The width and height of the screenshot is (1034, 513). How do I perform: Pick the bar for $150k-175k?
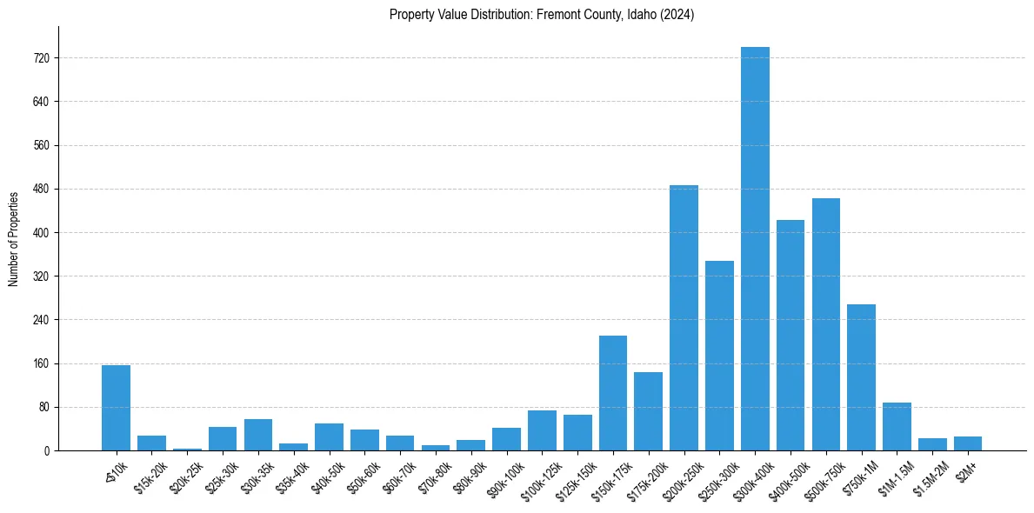(x=613, y=393)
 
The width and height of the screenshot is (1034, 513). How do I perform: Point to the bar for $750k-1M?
(x=861, y=377)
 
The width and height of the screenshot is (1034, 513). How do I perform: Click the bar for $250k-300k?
(x=719, y=356)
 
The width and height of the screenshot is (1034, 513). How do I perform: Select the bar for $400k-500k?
(x=791, y=336)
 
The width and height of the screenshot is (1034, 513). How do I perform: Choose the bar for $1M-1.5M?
(x=897, y=427)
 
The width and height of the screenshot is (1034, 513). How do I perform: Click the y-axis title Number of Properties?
(x=14, y=238)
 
